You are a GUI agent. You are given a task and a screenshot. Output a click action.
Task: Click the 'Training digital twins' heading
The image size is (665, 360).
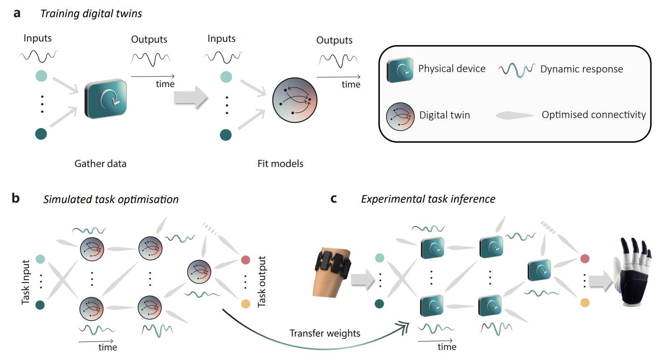click(x=91, y=14)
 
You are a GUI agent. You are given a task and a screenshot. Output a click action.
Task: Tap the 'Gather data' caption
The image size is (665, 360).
click(x=101, y=164)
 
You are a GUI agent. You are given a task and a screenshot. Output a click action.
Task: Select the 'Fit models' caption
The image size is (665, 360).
click(x=280, y=164)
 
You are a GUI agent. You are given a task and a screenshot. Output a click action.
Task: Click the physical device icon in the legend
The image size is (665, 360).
click(x=400, y=70)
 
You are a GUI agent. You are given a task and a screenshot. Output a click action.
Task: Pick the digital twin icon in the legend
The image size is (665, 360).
click(x=400, y=117)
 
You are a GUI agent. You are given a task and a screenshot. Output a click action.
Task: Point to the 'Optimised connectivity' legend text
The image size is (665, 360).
click(x=594, y=115)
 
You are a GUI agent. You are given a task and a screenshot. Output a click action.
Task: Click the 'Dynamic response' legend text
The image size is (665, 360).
click(x=582, y=69)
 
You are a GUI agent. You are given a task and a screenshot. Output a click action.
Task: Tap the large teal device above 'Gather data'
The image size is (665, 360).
click(x=106, y=99)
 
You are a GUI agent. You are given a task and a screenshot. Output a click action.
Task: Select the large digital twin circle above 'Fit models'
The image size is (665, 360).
click(x=295, y=100)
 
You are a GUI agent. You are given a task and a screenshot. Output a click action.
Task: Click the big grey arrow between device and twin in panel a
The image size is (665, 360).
click(x=191, y=97)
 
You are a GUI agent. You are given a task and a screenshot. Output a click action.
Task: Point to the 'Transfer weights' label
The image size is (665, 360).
click(x=325, y=333)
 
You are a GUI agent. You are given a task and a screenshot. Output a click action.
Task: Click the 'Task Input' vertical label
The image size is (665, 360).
click(x=26, y=282)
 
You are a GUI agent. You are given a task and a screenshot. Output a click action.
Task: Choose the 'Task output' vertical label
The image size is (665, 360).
click(x=262, y=282)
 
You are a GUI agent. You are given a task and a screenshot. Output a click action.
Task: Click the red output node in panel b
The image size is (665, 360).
click(x=245, y=260)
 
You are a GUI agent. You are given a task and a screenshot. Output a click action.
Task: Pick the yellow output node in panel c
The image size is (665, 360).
click(x=585, y=303)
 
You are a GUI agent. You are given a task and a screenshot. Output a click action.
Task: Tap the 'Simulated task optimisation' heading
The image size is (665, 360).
click(x=111, y=199)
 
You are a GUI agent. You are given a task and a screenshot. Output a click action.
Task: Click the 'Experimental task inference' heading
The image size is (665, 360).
click(x=428, y=199)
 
